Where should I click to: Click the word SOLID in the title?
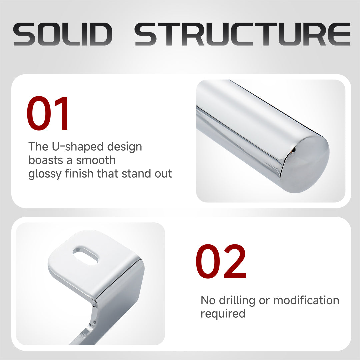pyautogui.click(x=63, y=34)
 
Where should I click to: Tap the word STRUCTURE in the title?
pyautogui.click(x=242, y=34)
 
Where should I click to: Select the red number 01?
pyautogui.click(x=48, y=113)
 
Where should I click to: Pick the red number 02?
pyautogui.click(x=221, y=261)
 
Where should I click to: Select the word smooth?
pyautogui.click(x=96, y=160)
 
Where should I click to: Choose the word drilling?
pyautogui.click(x=237, y=301)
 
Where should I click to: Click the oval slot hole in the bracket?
pyautogui.click(x=85, y=256)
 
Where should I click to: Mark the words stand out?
pyautogui.click(x=147, y=174)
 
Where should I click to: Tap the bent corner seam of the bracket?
pyautogui.click(x=118, y=279)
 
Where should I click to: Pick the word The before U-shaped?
pyautogui.click(x=38, y=146)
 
